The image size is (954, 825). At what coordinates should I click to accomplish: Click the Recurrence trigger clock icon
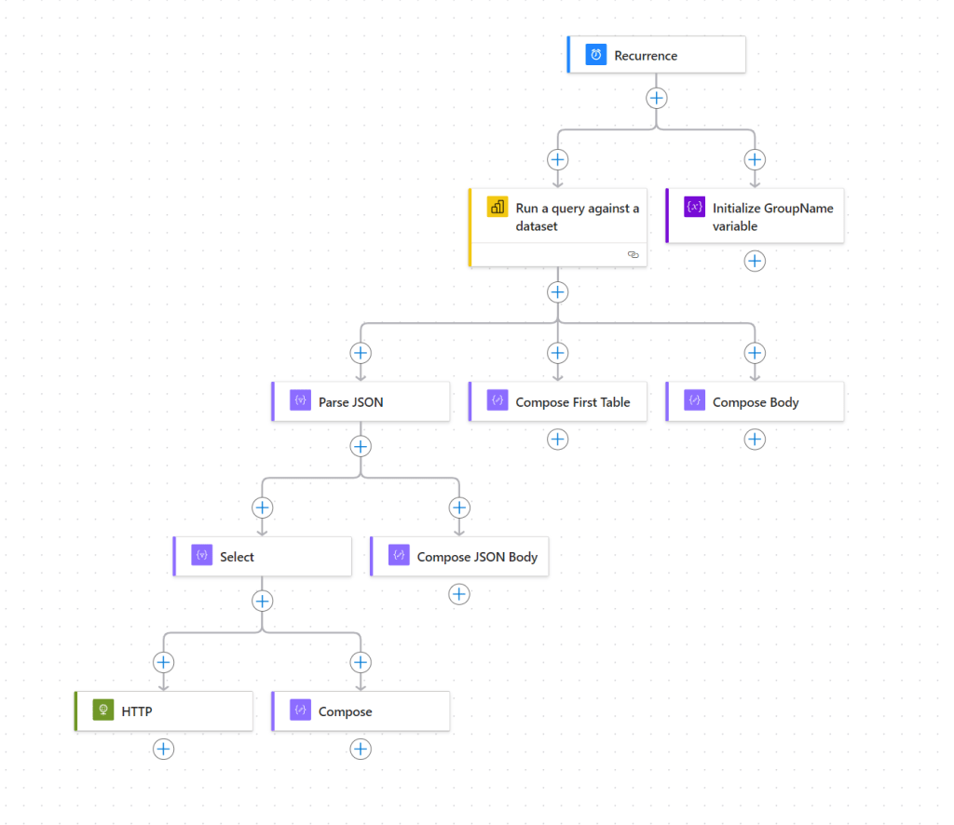tap(595, 55)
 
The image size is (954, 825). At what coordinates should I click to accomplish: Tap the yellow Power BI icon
tap(497, 208)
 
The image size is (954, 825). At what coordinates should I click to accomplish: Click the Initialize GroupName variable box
tap(755, 217)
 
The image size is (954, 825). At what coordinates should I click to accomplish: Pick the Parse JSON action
tap(361, 402)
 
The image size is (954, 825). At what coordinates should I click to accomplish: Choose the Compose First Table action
tap(557, 402)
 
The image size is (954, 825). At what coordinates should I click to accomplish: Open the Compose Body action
tap(755, 402)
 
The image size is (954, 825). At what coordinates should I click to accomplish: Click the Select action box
tap(262, 557)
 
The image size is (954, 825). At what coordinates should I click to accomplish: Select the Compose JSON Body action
tap(459, 557)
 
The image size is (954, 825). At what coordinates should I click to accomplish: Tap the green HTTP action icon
tap(102, 711)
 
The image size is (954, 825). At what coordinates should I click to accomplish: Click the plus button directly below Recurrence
tap(657, 98)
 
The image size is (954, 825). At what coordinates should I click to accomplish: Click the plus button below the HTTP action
tap(164, 749)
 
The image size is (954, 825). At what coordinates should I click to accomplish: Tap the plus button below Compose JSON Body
tap(459, 594)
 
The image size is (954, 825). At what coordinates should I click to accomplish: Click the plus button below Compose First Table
tap(557, 440)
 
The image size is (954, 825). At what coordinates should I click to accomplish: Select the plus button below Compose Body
tap(755, 440)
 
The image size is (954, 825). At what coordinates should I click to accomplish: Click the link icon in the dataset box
tap(634, 254)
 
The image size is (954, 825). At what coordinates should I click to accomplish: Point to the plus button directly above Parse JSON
tap(361, 353)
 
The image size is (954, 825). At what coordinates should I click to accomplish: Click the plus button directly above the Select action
tap(262, 507)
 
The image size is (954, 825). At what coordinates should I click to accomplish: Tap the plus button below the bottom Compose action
tap(361, 749)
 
